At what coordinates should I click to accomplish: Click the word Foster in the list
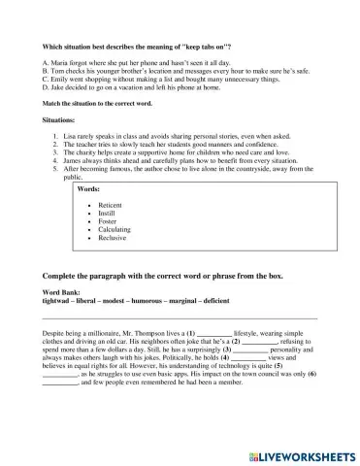coord(108,222)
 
